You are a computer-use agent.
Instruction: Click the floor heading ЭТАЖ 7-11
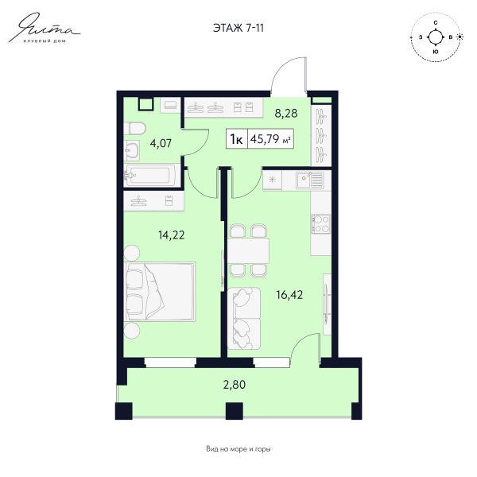point(238,28)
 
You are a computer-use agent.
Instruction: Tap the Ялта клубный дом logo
point(45,28)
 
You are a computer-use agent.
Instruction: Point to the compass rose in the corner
point(436,37)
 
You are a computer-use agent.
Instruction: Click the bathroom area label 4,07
point(161,143)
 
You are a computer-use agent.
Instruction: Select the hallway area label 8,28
point(286,113)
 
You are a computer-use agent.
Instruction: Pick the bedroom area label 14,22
point(171,235)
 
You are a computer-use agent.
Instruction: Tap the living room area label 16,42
point(289,295)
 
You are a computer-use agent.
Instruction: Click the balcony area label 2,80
point(235,385)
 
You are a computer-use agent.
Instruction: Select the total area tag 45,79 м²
point(270,139)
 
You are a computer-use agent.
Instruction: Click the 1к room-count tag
point(236,140)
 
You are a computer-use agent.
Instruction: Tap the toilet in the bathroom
point(134,128)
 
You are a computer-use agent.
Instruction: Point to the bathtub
point(149,175)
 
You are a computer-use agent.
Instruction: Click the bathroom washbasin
point(132,150)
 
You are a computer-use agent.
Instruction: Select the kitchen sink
point(310,180)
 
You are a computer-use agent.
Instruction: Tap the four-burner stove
point(321,224)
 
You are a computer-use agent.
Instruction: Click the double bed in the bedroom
point(160,291)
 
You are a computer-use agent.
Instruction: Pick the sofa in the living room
point(244,318)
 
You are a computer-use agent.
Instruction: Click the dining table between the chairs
point(249,250)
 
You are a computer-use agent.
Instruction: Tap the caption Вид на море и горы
point(238,449)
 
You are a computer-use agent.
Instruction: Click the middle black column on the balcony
point(235,411)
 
